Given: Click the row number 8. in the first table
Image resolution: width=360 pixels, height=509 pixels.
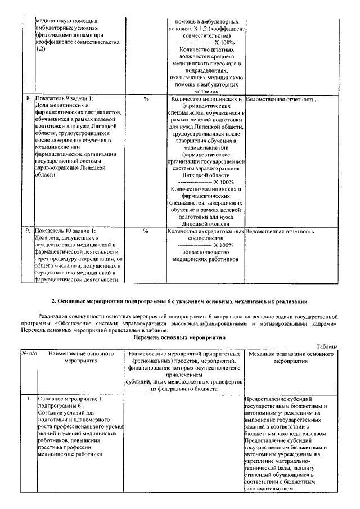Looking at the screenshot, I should coord(28,99).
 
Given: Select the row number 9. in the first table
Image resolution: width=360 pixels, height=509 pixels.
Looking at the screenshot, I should coord(28,231).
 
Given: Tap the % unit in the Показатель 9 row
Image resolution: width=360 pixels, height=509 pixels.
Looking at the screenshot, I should coord(146,99).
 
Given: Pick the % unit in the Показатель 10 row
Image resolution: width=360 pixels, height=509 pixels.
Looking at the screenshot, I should coord(146,231).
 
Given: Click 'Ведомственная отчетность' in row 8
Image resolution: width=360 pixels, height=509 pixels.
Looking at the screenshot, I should coord(281,100).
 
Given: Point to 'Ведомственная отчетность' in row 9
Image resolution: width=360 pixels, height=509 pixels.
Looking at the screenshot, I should coord(281,231).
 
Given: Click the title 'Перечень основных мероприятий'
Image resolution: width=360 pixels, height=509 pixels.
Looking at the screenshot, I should coord(179,338).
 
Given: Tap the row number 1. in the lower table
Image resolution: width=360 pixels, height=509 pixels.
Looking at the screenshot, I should coord(28,398).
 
